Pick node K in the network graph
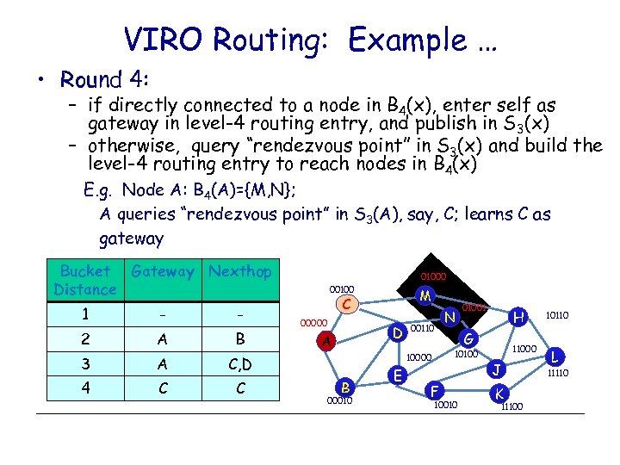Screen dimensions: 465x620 click(498, 393)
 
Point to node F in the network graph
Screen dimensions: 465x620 click(435, 390)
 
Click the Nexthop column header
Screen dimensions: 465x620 click(240, 272)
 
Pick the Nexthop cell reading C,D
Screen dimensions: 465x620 click(240, 365)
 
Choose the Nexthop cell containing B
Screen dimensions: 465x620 click(240, 339)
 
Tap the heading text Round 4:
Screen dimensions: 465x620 click(105, 80)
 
